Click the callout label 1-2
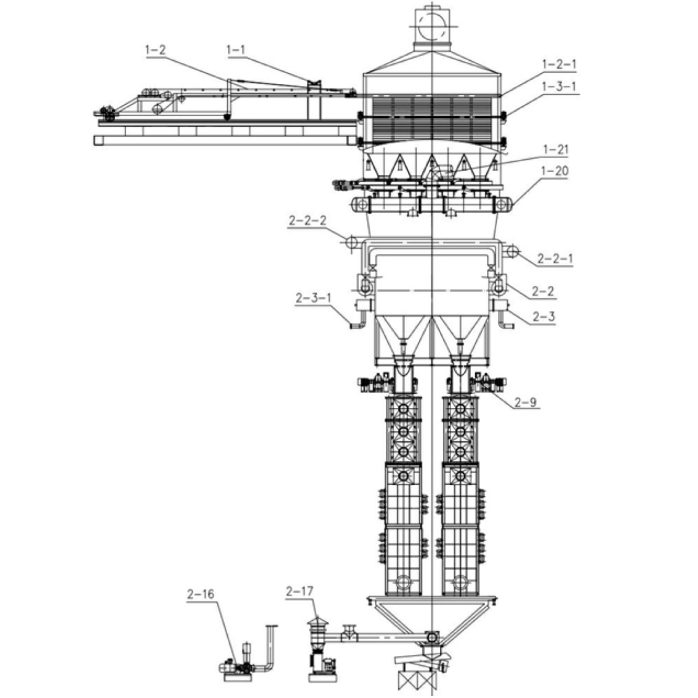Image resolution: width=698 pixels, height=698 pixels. coord(155,50)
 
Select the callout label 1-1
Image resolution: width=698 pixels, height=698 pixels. coord(236,50)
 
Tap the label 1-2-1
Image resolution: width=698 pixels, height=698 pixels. coord(559,64)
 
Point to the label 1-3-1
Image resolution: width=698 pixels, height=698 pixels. coord(559,86)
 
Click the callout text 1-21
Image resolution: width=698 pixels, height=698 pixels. coord(555,150)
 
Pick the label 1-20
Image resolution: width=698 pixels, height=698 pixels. coord(554,171)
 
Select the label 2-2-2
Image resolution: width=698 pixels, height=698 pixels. coord(307,220)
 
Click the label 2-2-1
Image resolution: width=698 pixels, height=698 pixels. coord(554,259)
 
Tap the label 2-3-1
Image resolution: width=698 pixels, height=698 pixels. coord(313,298)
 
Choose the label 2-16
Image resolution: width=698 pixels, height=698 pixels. coord(200,594)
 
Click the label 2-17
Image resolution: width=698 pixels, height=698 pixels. coord(299,591)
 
